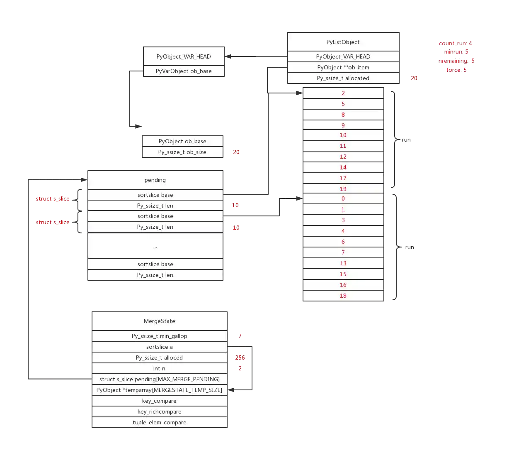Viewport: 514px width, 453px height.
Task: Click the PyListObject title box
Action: [343, 42]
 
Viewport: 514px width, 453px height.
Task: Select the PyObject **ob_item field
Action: [343, 67]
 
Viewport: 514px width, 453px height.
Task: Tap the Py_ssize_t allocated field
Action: [343, 78]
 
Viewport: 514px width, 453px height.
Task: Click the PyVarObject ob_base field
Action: [184, 71]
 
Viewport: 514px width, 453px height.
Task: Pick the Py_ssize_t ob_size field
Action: [182, 152]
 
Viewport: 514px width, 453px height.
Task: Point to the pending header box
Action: [155, 180]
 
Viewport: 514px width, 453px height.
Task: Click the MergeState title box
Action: [159, 321]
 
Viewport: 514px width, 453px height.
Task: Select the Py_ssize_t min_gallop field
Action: [159, 336]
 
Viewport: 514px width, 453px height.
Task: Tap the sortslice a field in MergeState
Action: [159, 347]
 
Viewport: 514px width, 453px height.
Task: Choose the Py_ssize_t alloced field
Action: [159, 358]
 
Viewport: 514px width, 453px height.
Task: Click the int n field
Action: [159, 368]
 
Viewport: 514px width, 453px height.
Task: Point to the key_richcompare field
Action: [159, 411]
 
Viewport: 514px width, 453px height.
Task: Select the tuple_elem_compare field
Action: [159, 422]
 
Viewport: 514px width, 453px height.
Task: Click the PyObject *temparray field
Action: [159, 390]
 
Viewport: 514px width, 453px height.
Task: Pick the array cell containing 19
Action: [343, 189]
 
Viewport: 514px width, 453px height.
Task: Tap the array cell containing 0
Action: [343, 198]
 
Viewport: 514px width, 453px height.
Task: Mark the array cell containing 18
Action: [343, 296]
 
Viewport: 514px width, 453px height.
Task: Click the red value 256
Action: [240, 358]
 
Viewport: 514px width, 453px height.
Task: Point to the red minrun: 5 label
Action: [456, 52]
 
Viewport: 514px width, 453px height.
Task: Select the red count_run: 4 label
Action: [455, 43]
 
